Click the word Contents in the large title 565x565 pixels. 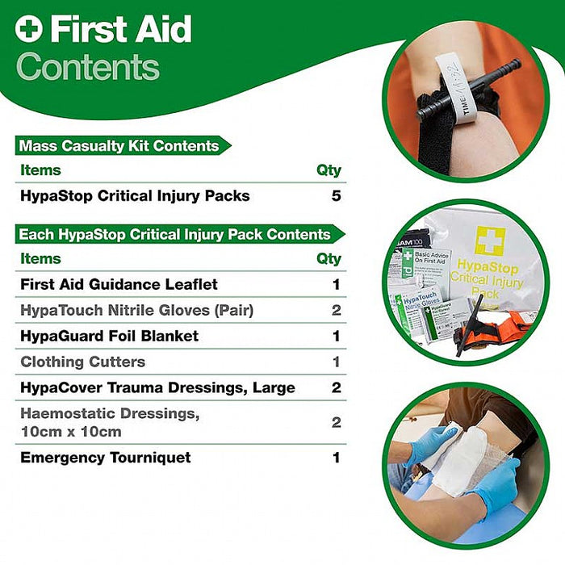coord(88,67)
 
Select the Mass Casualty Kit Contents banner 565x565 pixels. coord(119,146)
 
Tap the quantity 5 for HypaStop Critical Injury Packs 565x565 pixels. coord(336,196)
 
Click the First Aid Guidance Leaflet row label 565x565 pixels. coord(119,284)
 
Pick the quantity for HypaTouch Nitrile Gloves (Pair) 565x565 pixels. coord(336,310)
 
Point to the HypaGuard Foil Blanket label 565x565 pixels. coord(110,336)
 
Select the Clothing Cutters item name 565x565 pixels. coord(83,362)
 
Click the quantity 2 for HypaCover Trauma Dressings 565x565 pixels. coord(336,387)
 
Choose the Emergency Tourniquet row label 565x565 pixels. coord(106,458)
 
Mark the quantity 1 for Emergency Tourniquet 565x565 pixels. coord(336,458)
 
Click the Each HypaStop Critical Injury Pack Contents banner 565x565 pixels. coord(175,234)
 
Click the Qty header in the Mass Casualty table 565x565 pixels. coord(329,170)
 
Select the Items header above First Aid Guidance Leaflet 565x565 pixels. coord(40,259)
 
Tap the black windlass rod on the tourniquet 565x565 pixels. coord(468,89)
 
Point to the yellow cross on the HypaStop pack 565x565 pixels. coord(489,241)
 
